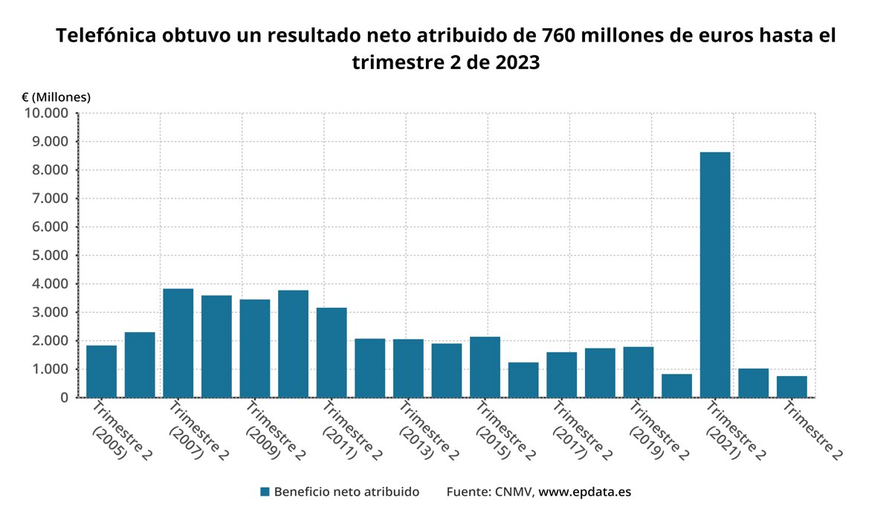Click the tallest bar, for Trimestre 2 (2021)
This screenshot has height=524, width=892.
(x=714, y=274)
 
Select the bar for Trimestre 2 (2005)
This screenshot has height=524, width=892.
(x=101, y=371)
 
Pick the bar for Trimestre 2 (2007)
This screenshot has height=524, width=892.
(x=178, y=343)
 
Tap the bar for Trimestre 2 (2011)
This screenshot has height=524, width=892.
(x=332, y=352)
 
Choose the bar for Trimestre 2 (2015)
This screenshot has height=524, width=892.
(x=485, y=367)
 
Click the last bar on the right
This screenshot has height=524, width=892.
(x=792, y=386)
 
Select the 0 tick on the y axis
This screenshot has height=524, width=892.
(x=64, y=398)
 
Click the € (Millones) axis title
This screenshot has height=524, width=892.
(x=56, y=97)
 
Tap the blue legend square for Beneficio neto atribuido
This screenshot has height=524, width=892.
(x=265, y=492)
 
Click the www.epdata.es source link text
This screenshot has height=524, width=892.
(x=584, y=492)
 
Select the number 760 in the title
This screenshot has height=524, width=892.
(x=564, y=36)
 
